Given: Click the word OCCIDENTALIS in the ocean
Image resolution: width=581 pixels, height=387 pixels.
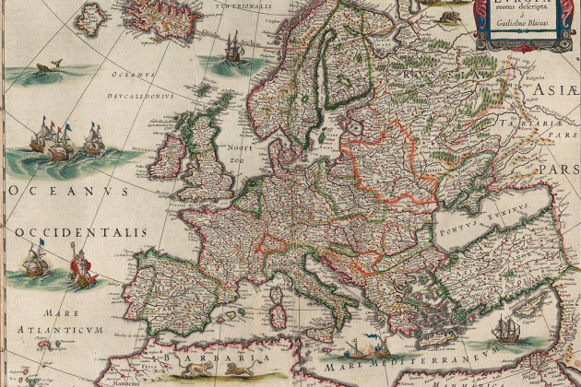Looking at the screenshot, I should tap(78, 232).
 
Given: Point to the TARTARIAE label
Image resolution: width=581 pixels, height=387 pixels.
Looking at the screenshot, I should tap(547, 123).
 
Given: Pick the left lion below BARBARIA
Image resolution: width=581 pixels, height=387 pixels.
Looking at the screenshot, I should tap(195, 371).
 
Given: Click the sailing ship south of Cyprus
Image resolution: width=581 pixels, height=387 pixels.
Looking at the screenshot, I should tap(505, 329).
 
